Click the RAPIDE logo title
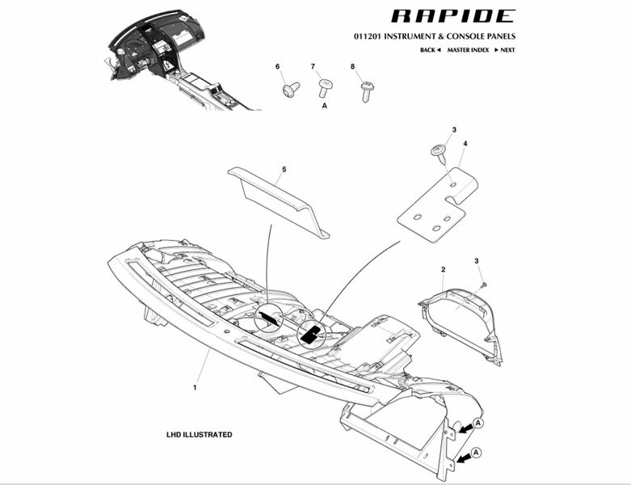pyautogui.click(x=452, y=16)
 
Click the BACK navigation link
pyautogui.click(x=430, y=50)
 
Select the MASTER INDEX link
pyautogui.click(x=469, y=50)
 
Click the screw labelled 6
pyautogui.click(x=290, y=88)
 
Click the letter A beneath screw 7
pyautogui.click(x=325, y=106)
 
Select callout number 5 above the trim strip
pyautogui.click(x=284, y=170)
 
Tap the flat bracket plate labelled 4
pyautogui.click(x=437, y=207)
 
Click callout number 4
pyautogui.click(x=465, y=144)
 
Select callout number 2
pyautogui.click(x=443, y=268)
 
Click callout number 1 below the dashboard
pyautogui.click(x=195, y=387)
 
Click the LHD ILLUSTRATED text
pyautogui.click(x=199, y=435)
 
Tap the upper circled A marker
pyautogui.click(x=477, y=423)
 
